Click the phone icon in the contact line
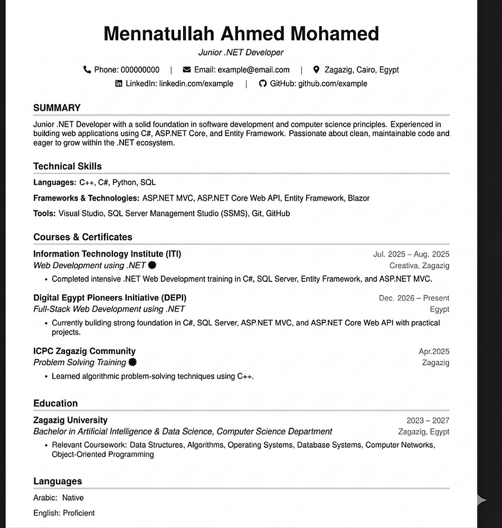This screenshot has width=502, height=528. point(87,70)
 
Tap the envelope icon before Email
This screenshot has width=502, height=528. point(187,70)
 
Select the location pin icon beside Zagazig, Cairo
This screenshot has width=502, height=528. point(316,70)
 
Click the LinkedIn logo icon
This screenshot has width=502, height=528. point(119,83)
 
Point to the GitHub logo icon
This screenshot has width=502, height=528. point(263,83)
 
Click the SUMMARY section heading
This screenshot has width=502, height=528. point(57,108)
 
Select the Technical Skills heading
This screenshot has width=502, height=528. point(68,166)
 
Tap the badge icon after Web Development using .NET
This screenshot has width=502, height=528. point(153,265)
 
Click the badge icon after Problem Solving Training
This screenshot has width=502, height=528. point(133,362)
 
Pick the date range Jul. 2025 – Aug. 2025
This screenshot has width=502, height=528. point(411,254)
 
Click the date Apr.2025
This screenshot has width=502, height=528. point(434,352)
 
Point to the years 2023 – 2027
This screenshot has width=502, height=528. point(428,421)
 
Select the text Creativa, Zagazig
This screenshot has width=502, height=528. point(419,266)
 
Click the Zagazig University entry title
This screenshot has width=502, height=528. point(70,420)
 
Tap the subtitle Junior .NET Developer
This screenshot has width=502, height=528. point(241,52)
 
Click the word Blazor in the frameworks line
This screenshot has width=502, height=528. point(358,199)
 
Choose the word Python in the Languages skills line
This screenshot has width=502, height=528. point(124,183)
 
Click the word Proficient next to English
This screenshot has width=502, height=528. point(79,513)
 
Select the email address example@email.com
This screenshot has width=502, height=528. point(253,70)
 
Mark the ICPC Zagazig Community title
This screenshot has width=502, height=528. point(84,351)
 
